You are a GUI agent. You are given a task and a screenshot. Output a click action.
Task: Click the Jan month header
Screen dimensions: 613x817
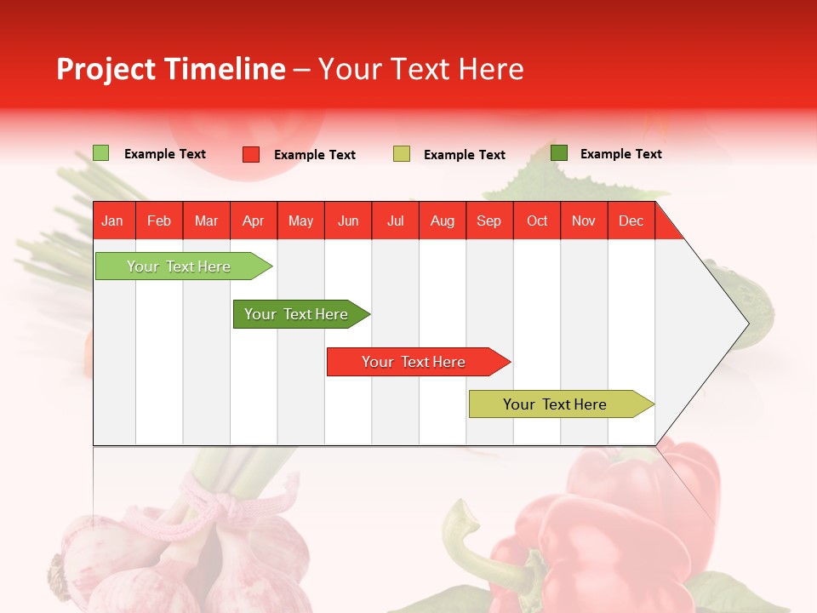point(112,221)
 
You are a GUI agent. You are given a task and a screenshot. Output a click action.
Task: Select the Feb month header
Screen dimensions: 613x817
point(159,221)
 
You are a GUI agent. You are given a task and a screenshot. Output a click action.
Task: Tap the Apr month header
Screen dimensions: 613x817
point(254,221)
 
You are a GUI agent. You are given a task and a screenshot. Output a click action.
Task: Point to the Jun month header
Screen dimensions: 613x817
point(348,221)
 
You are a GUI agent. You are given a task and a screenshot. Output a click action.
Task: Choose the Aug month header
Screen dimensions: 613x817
point(443,221)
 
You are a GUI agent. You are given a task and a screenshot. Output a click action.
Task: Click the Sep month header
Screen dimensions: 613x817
point(489,221)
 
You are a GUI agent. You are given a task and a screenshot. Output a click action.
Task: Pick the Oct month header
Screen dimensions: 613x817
point(537,221)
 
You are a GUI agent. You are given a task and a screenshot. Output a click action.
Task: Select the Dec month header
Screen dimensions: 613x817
point(631,221)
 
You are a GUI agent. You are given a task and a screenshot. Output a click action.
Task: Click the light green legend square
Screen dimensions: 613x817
point(101,153)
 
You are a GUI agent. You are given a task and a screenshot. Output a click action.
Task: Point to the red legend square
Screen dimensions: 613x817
point(251,154)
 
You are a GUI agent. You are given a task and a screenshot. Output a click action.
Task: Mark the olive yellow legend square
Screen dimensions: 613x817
point(402,154)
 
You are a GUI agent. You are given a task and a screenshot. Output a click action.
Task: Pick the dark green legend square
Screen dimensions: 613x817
point(559,153)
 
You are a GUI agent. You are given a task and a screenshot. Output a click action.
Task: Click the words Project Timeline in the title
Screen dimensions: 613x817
point(171,69)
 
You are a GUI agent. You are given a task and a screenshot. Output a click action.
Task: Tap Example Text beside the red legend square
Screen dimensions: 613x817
point(315,155)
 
